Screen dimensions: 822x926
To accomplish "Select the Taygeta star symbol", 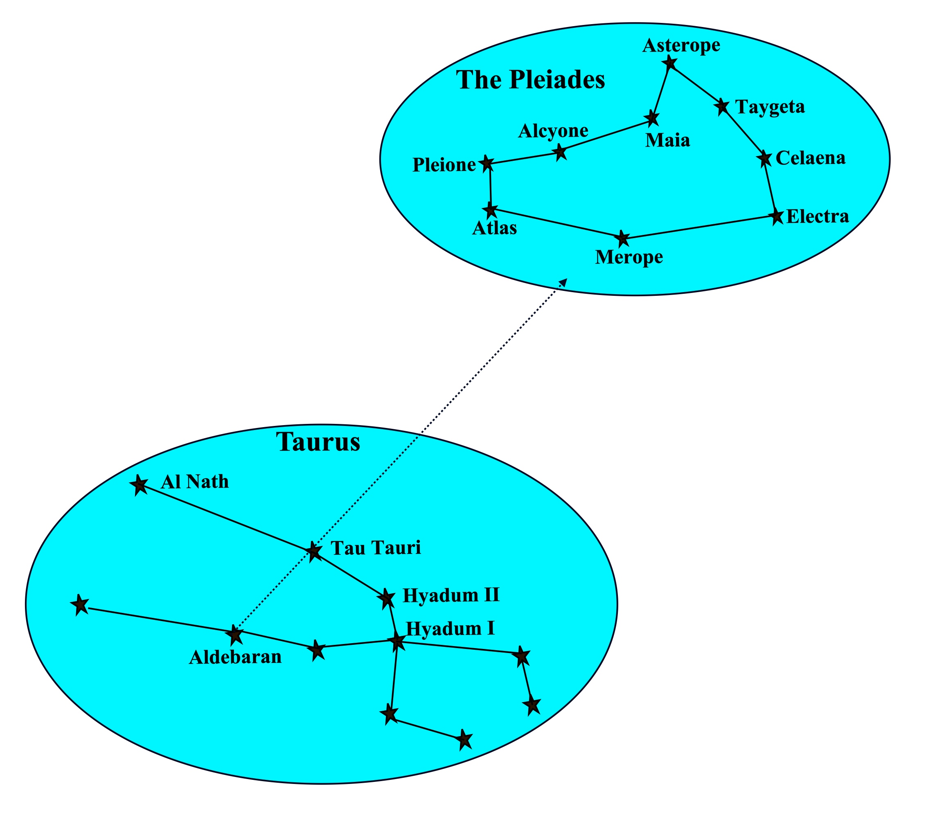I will point(722,107).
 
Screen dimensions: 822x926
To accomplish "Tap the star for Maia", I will point(652,118).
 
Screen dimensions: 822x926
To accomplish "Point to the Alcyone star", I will point(561,152).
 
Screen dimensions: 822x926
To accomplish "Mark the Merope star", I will point(623,238).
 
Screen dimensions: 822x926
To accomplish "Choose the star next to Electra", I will point(777,216).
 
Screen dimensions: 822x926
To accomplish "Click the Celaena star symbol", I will point(765,158).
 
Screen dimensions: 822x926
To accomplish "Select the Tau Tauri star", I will point(314,551).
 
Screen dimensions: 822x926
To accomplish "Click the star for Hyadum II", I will point(386,598).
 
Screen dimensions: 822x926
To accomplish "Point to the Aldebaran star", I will point(235,635).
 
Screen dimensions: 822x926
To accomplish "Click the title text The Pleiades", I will point(530,80).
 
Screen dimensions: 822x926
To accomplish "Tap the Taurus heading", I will point(318,441).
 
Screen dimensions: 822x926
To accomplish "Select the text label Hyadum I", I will point(450,628).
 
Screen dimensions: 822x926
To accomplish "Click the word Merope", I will point(629,257).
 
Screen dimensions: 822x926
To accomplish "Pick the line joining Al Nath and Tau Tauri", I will point(227,518).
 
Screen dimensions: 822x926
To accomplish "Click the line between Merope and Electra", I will point(700,227).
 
